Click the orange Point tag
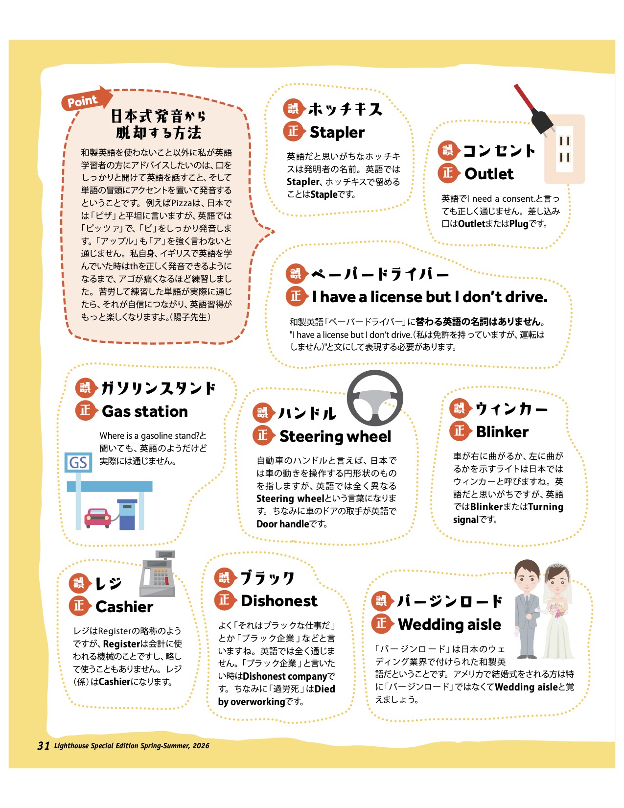[83, 100]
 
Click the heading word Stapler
[337, 132]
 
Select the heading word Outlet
[488, 174]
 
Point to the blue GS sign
[78, 462]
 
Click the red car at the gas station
[98, 517]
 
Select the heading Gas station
[144, 411]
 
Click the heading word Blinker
[502, 432]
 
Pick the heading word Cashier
[124, 607]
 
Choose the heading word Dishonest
[279, 601]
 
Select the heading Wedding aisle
[449, 624]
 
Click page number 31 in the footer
[43, 745]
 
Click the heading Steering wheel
[335, 436]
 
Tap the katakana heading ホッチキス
[345, 109]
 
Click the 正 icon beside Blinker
[459, 431]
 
